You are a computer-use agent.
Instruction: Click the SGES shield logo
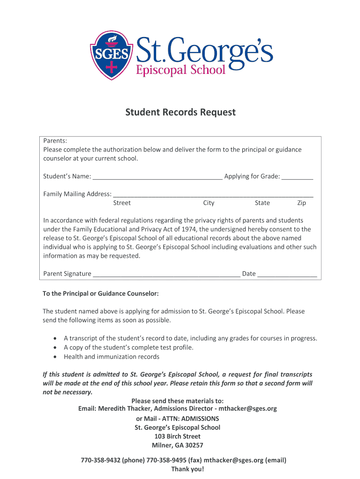[111, 55]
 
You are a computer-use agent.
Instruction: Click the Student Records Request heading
[180, 113]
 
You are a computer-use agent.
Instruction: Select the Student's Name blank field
[157, 177]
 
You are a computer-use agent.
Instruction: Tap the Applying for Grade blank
[297, 177]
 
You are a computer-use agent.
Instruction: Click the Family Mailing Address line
[213, 195]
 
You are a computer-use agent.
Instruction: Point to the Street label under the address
[122, 203]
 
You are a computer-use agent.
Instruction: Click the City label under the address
[209, 203]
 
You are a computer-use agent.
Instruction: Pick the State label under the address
[262, 203]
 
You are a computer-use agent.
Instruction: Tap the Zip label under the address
[302, 203]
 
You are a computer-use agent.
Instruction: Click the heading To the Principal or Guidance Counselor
[101, 294]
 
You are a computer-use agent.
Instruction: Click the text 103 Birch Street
[178, 436]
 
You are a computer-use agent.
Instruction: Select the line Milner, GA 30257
[178, 445]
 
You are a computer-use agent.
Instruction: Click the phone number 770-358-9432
[101, 460]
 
